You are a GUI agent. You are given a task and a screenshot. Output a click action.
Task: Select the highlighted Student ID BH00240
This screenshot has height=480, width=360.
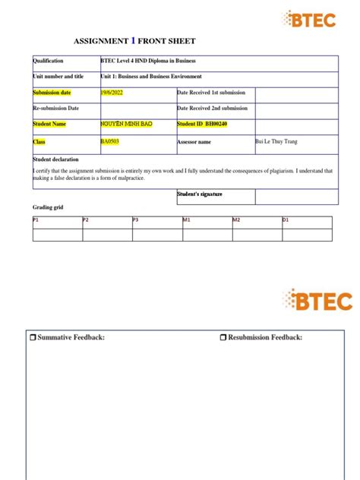point(202,124)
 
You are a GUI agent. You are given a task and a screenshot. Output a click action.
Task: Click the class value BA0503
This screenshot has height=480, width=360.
point(110,141)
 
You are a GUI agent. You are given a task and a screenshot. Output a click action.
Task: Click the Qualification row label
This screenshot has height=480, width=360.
point(49,61)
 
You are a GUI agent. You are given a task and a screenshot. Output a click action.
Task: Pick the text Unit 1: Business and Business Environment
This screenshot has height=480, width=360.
point(151,76)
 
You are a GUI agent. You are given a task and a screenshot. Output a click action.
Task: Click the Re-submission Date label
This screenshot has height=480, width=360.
point(56,108)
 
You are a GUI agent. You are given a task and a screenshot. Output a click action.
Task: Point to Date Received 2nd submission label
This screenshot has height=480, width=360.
point(212,108)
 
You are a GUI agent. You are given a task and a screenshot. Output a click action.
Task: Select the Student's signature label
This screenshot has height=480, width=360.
point(200,194)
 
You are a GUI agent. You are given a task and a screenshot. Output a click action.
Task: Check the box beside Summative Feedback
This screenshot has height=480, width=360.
point(32,337)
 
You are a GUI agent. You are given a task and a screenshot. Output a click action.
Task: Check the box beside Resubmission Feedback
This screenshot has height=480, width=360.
point(223,337)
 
